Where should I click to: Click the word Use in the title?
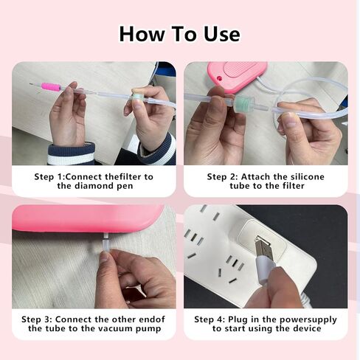click(221, 34)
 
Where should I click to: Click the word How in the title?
click(142, 34)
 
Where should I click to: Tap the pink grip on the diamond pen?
click(51, 87)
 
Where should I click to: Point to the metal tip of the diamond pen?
click(35, 85)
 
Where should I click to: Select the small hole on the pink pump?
click(219, 79)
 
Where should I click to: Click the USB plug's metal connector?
click(263, 248)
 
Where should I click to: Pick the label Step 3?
click(37, 319)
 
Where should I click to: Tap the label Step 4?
click(210, 319)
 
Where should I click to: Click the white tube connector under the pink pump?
click(105, 241)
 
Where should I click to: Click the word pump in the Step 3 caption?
click(148, 329)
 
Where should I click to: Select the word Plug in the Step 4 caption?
click(238, 319)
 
